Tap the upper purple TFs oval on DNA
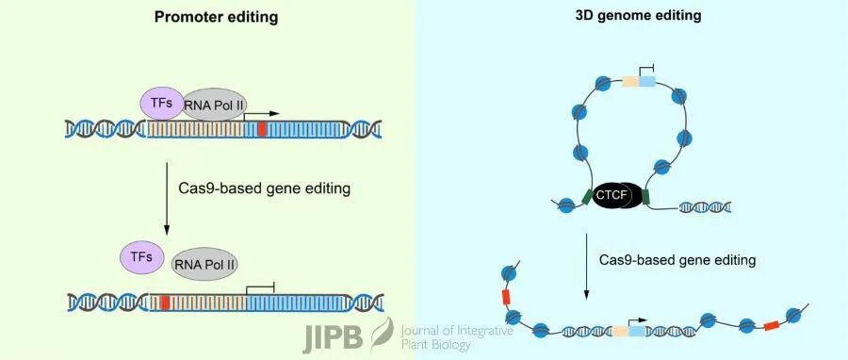160,102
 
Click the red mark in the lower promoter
165,303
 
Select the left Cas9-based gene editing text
264,188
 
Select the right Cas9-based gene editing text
677,258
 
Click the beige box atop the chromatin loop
630,82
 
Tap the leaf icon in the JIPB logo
381,332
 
